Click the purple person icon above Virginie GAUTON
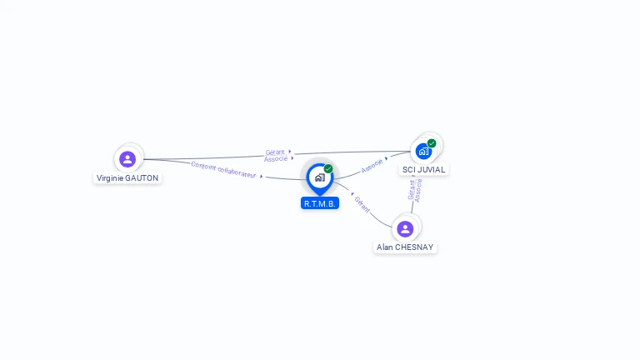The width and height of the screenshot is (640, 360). [127, 158]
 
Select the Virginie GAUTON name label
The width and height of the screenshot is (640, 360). [127, 177]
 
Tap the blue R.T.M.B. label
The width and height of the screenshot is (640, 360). [320, 203]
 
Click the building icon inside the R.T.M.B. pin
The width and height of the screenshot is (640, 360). [319, 177]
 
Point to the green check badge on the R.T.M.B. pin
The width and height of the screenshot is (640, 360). [328, 169]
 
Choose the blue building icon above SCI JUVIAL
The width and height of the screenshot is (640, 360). [423, 152]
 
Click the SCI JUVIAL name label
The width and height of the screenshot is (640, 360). [424, 169]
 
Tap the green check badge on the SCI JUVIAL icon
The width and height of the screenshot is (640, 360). [432, 143]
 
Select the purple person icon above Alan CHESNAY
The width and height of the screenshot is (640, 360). [405, 228]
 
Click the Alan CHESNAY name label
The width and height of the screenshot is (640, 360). [405, 247]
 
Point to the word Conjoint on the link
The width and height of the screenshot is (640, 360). [203, 166]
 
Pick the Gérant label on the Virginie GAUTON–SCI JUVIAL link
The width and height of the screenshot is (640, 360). [275, 152]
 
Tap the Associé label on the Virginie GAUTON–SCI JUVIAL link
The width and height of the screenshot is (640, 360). [276, 158]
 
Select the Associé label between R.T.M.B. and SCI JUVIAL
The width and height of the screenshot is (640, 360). [372, 165]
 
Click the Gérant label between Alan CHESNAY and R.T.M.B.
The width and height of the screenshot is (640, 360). [362, 204]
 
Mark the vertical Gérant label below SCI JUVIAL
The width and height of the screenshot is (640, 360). [412, 190]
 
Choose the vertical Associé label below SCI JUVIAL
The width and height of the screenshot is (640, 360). [418, 190]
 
